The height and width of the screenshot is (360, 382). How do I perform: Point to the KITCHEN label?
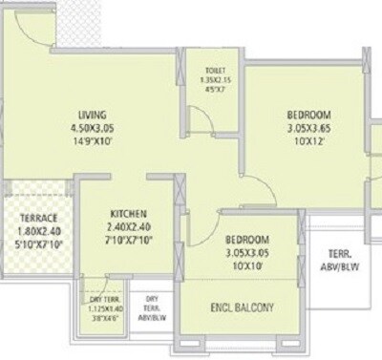127,212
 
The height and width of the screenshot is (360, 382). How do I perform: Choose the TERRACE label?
39,218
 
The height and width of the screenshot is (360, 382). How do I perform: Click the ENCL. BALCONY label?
243,307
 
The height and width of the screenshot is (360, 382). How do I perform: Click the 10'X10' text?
246,266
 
